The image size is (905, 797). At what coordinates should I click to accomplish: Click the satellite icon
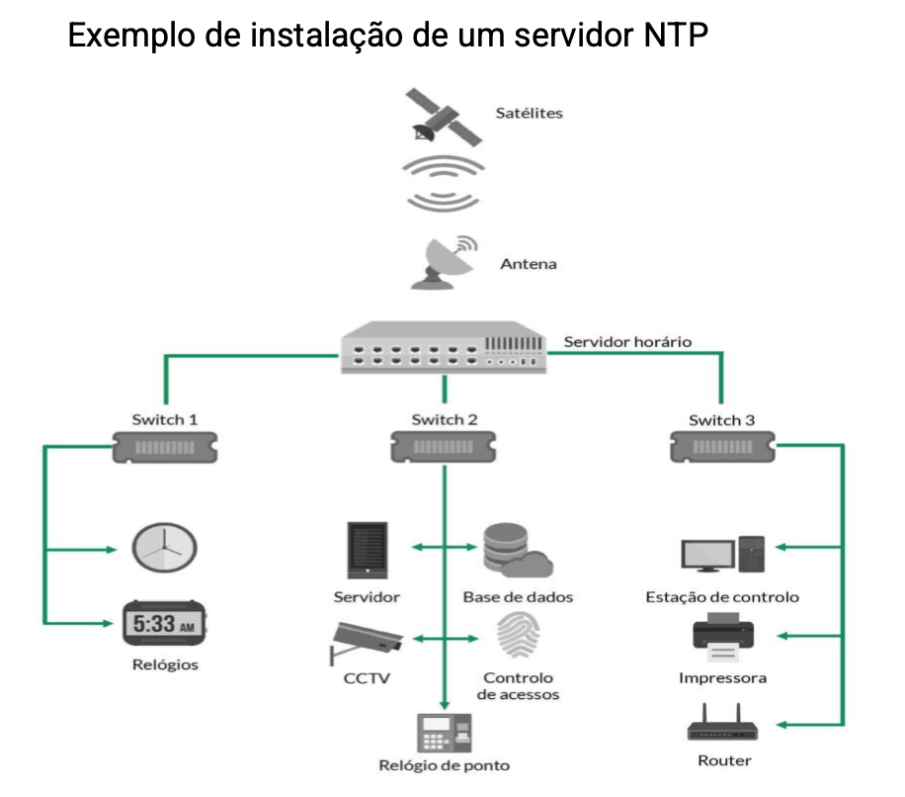coord(443,118)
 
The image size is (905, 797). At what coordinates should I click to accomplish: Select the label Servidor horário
coord(627,342)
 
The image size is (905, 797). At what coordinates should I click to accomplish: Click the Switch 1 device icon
coord(165,448)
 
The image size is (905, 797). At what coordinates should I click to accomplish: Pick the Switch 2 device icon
coord(444,447)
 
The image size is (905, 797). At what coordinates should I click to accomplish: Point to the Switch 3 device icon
coord(720,448)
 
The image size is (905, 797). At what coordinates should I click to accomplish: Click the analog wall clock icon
coord(165,547)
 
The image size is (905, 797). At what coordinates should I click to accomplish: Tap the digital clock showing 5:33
coord(165,624)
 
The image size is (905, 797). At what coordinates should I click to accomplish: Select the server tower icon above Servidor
coord(367,550)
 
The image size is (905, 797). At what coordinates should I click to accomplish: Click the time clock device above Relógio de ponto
coord(444,733)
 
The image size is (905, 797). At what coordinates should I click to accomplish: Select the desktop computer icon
coord(722,555)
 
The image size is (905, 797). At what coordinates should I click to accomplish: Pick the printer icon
coord(722,639)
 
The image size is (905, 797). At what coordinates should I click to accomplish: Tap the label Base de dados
coord(518,597)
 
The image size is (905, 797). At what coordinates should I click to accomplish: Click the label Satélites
coord(529,113)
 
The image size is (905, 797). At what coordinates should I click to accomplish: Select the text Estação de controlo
coord(722,597)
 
